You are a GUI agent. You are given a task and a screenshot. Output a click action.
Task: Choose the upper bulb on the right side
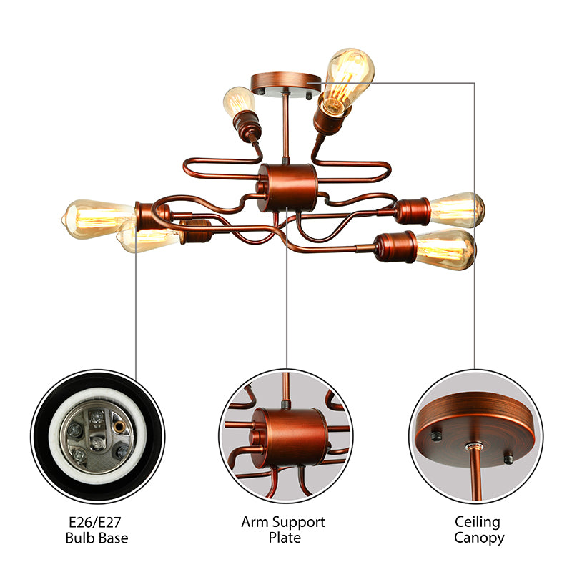(457, 209)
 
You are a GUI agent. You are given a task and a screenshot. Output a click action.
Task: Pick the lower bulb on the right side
(445, 248)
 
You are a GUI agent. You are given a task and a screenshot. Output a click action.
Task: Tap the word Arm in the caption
(254, 522)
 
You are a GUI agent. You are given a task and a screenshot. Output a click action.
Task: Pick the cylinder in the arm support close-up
(288, 435)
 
